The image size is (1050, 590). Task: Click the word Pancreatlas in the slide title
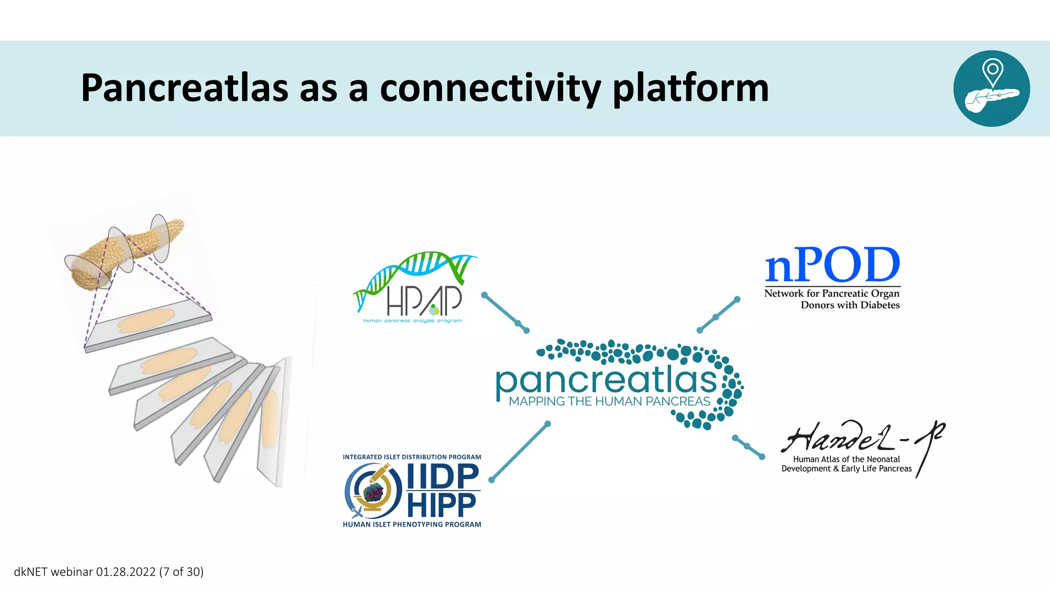(185, 88)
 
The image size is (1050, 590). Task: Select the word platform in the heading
(691, 88)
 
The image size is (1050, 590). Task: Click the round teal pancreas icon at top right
(992, 88)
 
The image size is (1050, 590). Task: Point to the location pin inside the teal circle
(993, 72)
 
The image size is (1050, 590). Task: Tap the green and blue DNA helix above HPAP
(415, 271)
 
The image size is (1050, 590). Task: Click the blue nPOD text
(832, 265)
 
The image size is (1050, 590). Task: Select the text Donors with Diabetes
(850, 305)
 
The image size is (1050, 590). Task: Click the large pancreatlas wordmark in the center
(606, 380)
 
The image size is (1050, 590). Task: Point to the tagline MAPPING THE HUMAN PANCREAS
(609, 402)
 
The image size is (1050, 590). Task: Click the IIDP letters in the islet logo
(443, 476)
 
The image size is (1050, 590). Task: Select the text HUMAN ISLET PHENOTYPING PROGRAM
(412, 524)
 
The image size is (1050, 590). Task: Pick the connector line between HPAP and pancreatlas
(505, 313)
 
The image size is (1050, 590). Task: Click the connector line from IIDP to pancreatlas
(519, 452)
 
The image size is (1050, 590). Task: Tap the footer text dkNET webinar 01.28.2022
(109, 572)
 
